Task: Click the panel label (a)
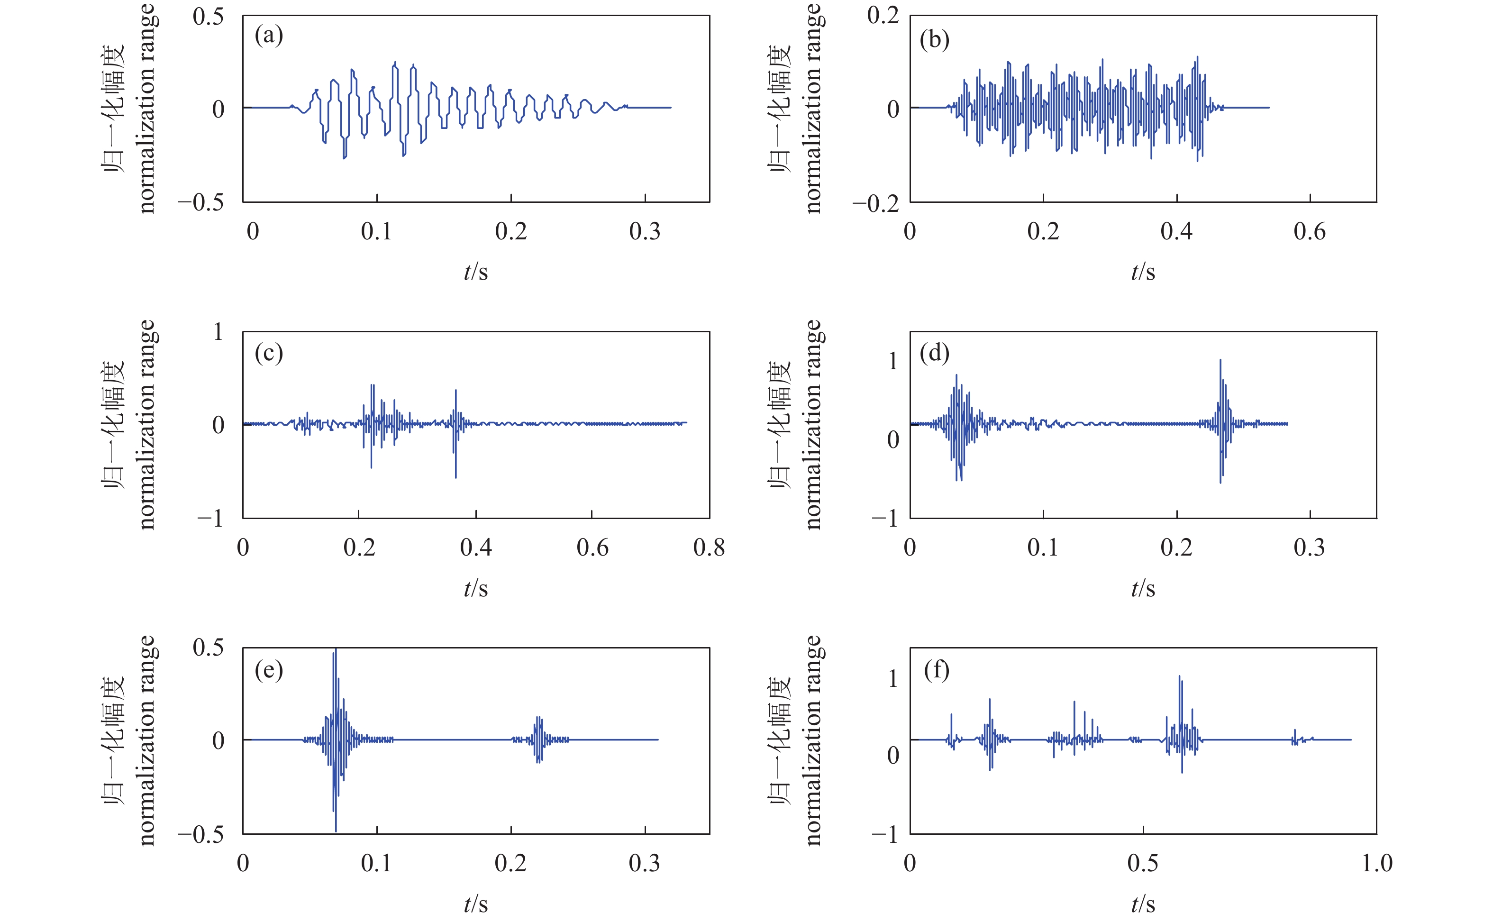pyautogui.click(x=269, y=36)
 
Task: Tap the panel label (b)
pyautogui.click(x=935, y=40)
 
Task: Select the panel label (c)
pyautogui.click(x=269, y=353)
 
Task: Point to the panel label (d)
pyautogui.click(x=935, y=353)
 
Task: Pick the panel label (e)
pyautogui.click(x=269, y=670)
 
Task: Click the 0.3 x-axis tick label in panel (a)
pyautogui.click(x=645, y=232)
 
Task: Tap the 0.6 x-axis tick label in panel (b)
pyautogui.click(x=1310, y=232)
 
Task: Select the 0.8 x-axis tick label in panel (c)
pyautogui.click(x=709, y=548)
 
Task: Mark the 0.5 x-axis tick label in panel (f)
pyautogui.click(x=1142, y=864)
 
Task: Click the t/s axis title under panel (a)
pyautogui.click(x=475, y=272)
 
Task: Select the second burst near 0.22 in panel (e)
pyautogui.click(x=537, y=739)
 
